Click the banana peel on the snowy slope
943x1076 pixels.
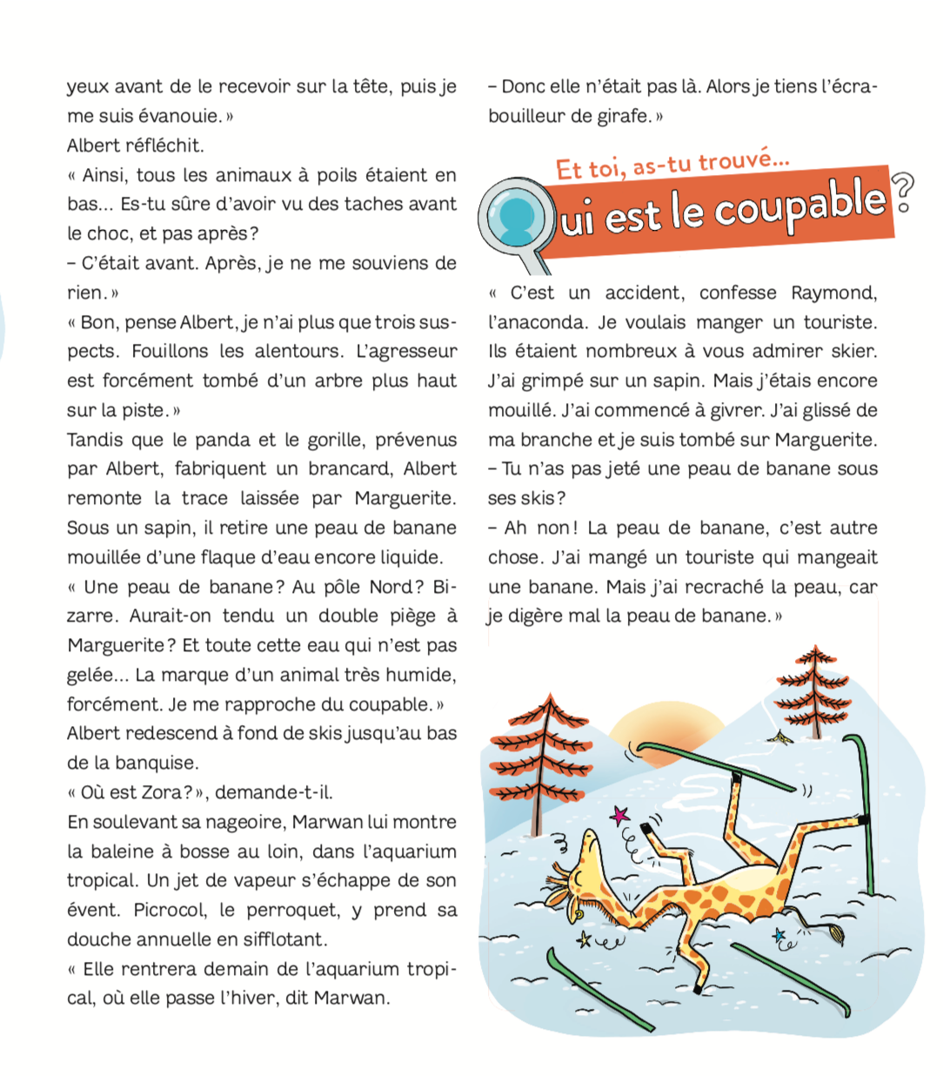(x=779, y=737)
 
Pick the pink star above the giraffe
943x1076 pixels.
(x=620, y=816)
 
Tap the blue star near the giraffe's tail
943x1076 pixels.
(x=779, y=935)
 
